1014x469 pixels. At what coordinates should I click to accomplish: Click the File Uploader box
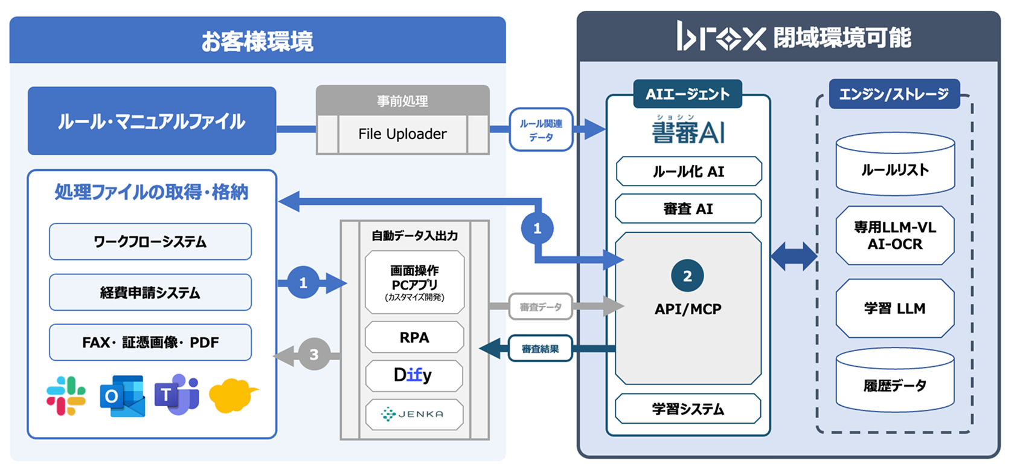pyautogui.click(x=402, y=134)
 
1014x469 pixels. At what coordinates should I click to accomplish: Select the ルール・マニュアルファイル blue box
pyautogui.click(x=152, y=121)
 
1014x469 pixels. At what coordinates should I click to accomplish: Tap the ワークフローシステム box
pyautogui.click(x=150, y=242)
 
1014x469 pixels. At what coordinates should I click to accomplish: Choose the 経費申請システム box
pyautogui.click(x=150, y=293)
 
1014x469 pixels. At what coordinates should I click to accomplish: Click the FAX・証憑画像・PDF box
pyautogui.click(x=150, y=342)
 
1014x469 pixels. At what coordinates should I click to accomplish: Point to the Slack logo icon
pyautogui.click(x=66, y=396)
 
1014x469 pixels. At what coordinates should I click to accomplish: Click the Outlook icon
pyautogui.click(x=123, y=396)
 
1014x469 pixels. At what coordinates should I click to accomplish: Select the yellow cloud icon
pyautogui.click(x=233, y=395)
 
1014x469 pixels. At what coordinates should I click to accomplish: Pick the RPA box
pyautogui.click(x=414, y=337)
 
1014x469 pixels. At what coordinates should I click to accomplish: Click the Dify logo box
pyautogui.click(x=414, y=375)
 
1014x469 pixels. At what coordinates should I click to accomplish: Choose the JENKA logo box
pyautogui.click(x=414, y=414)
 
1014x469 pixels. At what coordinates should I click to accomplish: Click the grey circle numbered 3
pyautogui.click(x=313, y=354)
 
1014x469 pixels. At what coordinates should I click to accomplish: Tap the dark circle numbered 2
pyautogui.click(x=687, y=276)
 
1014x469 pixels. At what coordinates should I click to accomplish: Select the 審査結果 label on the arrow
pyautogui.click(x=540, y=349)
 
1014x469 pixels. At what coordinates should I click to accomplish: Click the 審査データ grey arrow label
pyautogui.click(x=540, y=307)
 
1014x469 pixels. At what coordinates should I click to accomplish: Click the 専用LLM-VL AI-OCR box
pyautogui.click(x=894, y=236)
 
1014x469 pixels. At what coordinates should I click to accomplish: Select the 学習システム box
pyautogui.click(x=687, y=409)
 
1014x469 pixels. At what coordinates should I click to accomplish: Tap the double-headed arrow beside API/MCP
pyautogui.click(x=794, y=256)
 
